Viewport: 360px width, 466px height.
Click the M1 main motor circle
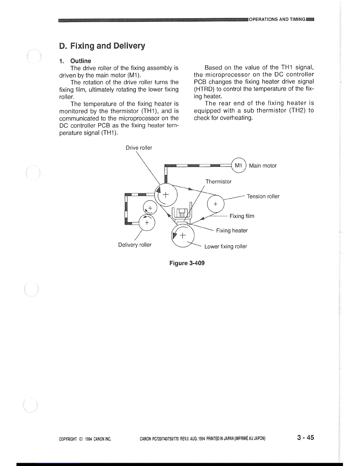[239, 166]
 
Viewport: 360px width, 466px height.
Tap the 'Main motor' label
[263, 166]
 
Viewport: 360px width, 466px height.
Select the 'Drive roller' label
[139, 148]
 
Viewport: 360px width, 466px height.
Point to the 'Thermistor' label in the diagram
[218, 182]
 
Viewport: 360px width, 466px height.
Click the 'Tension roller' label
[263, 196]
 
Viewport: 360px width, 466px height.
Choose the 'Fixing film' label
[242, 216]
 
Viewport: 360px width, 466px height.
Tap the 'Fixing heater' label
[232, 230]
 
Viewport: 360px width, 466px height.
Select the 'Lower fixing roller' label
[226, 246]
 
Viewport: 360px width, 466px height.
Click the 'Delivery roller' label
[135, 245]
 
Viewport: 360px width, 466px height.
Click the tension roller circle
[216, 204]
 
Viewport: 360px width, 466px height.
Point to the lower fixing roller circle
[183, 236]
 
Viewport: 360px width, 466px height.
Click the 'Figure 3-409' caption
[187, 263]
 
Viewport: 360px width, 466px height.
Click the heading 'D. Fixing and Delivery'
[102, 46]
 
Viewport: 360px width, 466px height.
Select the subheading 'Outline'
[81, 61]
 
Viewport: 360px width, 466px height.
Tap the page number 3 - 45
[305, 437]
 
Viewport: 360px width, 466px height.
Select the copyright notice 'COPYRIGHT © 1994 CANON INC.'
[85, 439]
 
